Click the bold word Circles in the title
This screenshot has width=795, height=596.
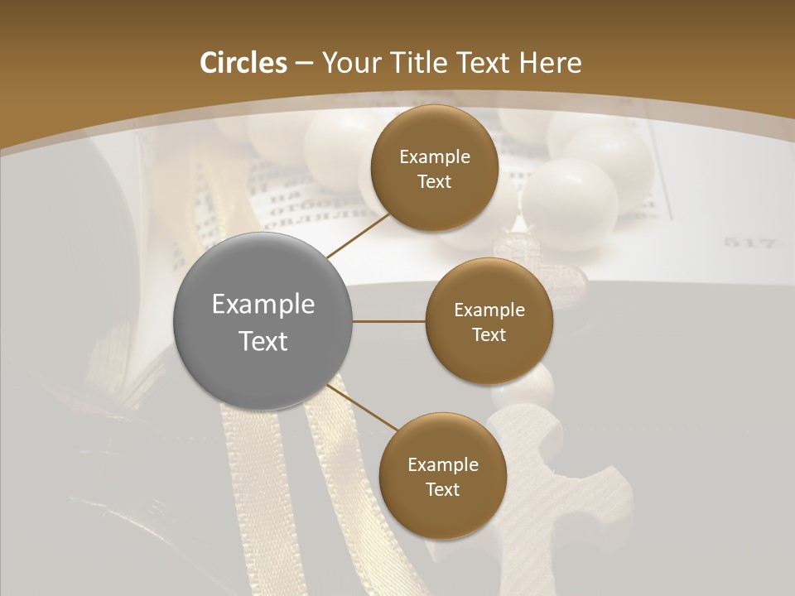click(x=243, y=63)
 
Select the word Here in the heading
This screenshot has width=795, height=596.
click(x=550, y=63)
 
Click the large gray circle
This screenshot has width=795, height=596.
click(x=263, y=321)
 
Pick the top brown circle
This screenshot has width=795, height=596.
click(x=434, y=168)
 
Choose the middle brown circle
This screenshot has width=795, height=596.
click(x=489, y=321)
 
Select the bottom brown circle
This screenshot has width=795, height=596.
click(x=442, y=476)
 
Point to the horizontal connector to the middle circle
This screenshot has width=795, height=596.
click(x=389, y=321)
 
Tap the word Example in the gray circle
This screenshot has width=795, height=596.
click(x=263, y=305)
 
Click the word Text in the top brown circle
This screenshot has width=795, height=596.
click(x=434, y=181)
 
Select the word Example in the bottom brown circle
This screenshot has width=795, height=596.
click(x=442, y=464)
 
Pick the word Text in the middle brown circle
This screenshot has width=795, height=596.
click(x=489, y=334)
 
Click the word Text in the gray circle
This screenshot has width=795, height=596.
click(x=263, y=340)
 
